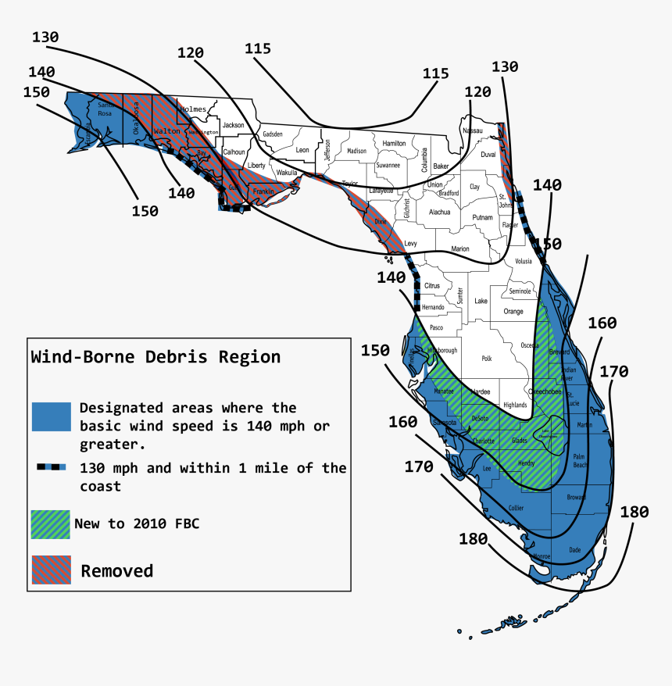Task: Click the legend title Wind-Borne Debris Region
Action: tap(155, 358)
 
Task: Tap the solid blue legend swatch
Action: tap(52, 416)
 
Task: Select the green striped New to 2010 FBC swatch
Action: tap(51, 523)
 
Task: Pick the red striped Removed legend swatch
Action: tap(51, 570)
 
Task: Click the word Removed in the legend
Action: tap(117, 571)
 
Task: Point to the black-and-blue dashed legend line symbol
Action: tap(52, 468)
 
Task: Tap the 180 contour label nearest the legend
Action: tap(474, 539)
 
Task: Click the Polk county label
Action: tap(488, 359)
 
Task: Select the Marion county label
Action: tap(460, 249)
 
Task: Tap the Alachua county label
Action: tap(439, 212)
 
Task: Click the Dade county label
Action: tap(575, 550)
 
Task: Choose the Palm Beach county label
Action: tap(579, 460)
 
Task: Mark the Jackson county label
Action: tap(233, 125)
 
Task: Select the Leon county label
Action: tap(302, 150)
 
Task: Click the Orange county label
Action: tap(513, 311)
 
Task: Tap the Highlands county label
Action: tap(515, 405)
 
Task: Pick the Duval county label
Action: tap(488, 155)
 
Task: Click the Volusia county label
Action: tap(524, 262)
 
